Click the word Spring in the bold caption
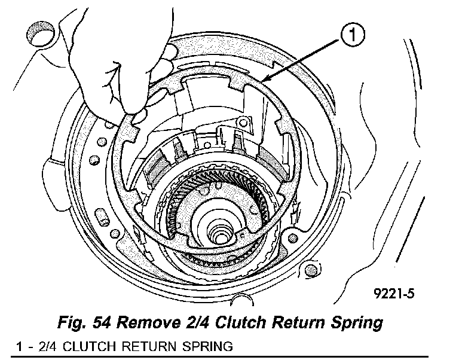pyautogui.click(x=352, y=324)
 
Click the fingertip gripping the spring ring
pyautogui.click(x=138, y=114)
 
